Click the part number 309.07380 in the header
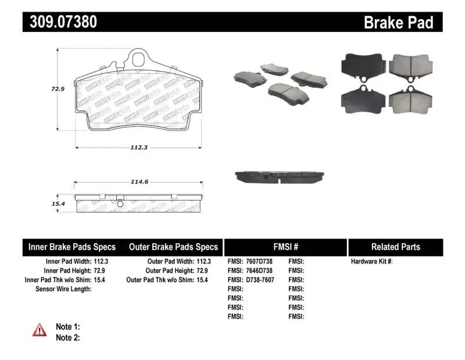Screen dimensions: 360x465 click(x=60, y=22)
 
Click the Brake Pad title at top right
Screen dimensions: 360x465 click(x=398, y=22)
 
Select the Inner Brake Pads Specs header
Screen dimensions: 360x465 click(x=72, y=247)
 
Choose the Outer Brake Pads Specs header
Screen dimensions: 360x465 click(x=174, y=247)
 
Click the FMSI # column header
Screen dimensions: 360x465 click(x=285, y=247)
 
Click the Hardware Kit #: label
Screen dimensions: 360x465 click(x=371, y=262)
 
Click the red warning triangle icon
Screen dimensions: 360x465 click(x=40, y=330)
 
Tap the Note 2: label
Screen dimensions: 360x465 click(x=67, y=337)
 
